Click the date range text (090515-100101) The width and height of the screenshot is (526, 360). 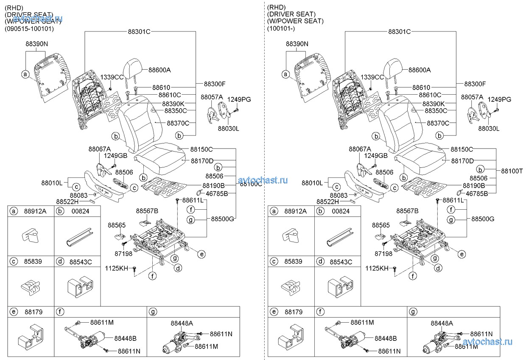[30, 29]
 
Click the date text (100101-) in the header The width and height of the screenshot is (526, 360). [281, 29]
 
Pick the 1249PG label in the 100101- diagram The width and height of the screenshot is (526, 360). [499, 99]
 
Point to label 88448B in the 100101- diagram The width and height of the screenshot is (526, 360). [386, 338]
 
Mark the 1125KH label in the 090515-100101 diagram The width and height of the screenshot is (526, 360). [116, 268]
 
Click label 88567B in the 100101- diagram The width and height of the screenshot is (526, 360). [407, 211]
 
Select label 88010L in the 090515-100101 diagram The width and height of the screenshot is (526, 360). [52, 183]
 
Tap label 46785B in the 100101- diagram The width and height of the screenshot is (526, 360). [477, 194]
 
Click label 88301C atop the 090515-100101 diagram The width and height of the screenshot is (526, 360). [140, 31]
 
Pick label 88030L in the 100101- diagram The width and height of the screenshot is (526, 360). [489, 128]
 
